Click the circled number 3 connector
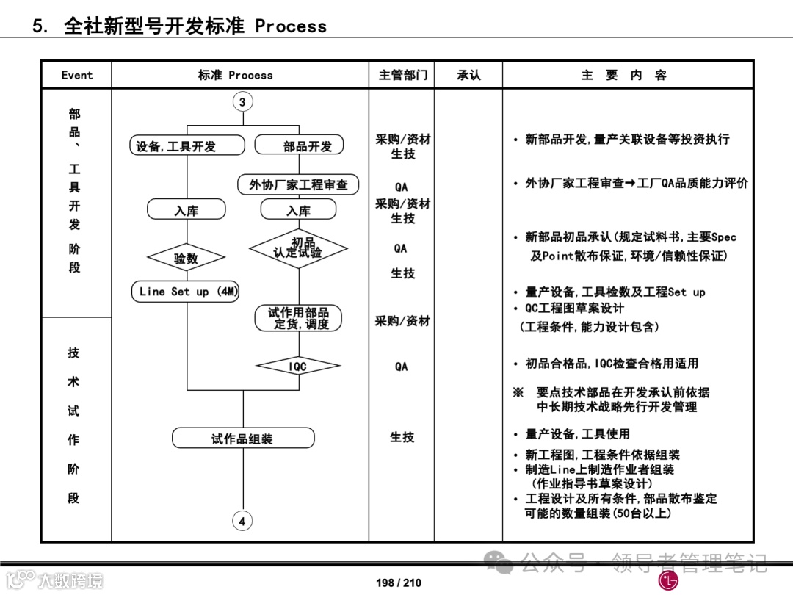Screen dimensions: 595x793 coord(242,102)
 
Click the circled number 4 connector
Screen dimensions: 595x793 coord(242,522)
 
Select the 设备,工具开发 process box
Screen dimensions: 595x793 coord(187,145)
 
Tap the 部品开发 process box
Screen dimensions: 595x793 coord(299,145)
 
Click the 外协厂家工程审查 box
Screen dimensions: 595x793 coord(298,185)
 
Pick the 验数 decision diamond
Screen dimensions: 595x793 coord(187,258)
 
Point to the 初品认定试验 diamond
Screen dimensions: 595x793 coord(298,248)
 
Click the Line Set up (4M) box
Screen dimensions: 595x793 coord(189,292)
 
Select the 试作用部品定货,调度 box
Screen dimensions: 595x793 coord(298,318)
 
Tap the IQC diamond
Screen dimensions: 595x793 coord(298,366)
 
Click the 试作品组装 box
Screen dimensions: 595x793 coord(243,439)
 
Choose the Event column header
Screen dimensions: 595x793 coord(77,75)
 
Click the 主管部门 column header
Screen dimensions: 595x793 coord(402,75)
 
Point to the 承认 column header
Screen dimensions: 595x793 coord(468,75)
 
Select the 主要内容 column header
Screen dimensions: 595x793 coord(624,75)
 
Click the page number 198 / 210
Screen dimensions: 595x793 coord(399,583)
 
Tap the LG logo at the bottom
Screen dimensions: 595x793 coord(669,580)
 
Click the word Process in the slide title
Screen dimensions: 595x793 coord(291,26)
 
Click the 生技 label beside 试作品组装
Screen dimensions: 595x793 coord(402,437)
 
